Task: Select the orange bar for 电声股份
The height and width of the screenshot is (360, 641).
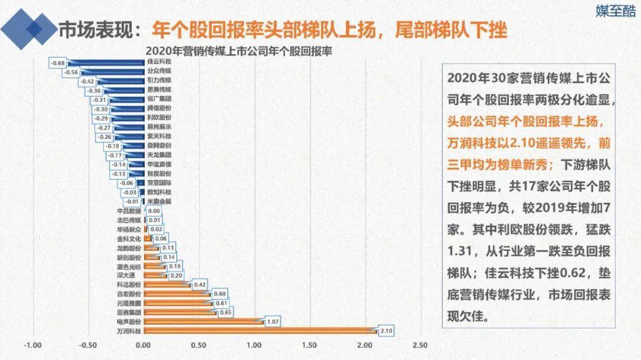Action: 202,321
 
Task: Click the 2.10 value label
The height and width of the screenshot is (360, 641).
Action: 384,331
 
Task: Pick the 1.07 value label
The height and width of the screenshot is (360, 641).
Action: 273,321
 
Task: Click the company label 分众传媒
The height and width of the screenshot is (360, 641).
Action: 158,71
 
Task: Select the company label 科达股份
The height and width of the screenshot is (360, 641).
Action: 129,285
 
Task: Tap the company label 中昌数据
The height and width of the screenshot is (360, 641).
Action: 129,211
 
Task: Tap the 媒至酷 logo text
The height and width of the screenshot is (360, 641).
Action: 615,11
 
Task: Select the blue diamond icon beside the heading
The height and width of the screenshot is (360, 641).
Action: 31,27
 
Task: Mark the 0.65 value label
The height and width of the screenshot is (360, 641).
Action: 226,312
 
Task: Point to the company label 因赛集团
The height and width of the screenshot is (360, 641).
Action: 129,312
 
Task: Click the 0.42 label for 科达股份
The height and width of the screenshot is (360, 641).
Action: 201,285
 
